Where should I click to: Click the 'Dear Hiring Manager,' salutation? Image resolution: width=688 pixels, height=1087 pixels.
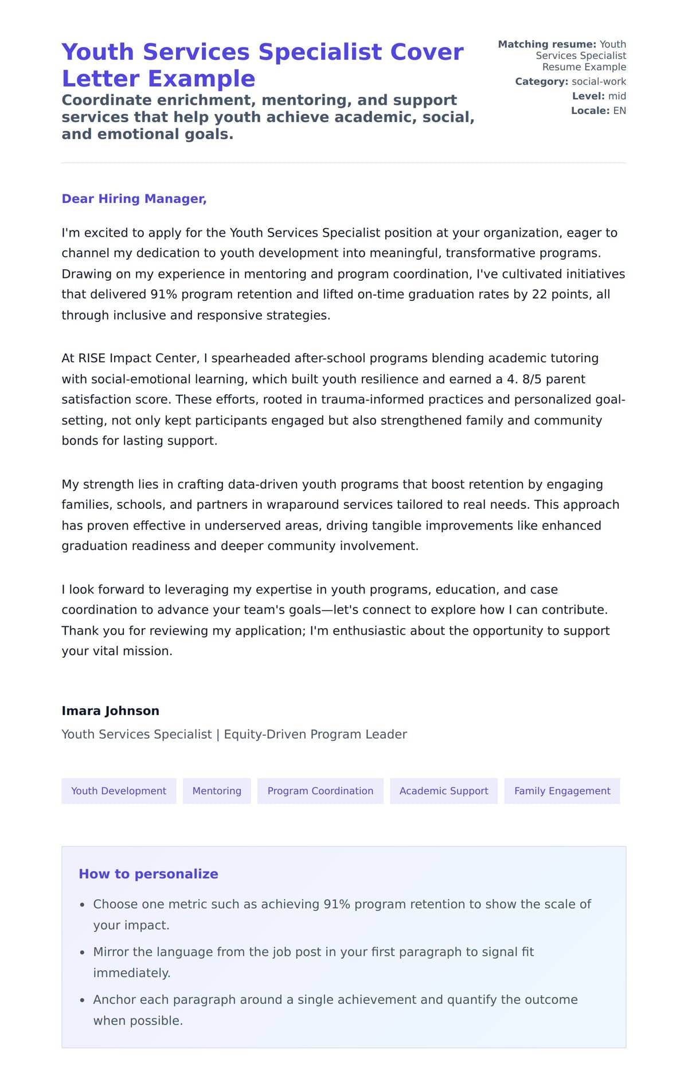[x=134, y=199]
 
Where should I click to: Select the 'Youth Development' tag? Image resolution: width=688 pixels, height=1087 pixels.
[x=119, y=791]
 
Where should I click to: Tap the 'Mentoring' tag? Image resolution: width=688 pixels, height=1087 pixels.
[x=217, y=791]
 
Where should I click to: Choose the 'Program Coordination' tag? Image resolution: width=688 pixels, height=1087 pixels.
[x=320, y=791]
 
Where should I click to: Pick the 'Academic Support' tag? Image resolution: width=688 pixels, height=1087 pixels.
[x=444, y=791]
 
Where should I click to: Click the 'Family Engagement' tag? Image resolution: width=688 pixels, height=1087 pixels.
[x=562, y=791]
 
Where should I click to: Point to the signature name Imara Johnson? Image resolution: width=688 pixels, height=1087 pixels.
[x=110, y=711]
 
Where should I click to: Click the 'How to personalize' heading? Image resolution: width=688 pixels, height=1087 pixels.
[x=148, y=874]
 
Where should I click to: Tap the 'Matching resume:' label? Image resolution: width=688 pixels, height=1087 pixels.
[x=547, y=44]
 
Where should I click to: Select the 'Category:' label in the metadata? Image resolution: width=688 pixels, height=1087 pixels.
[x=541, y=81]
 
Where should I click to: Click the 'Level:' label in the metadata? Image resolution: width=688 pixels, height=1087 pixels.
[x=588, y=96]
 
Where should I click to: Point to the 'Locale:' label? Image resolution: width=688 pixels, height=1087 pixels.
[x=590, y=111]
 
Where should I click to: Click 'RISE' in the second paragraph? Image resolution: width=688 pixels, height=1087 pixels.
[x=92, y=358]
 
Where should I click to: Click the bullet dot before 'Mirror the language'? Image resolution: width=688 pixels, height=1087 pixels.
[x=82, y=952]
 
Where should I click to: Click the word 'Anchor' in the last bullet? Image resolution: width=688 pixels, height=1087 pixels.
[x=115, y=1000]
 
